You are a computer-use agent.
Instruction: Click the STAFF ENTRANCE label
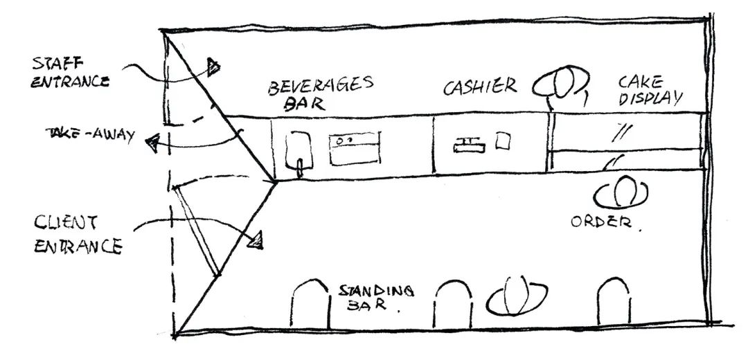[x=71, y=72]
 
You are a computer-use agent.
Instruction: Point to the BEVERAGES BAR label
[x=320, y=93]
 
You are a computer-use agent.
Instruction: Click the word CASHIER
[x=480, y=87]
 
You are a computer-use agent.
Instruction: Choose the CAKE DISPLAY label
[x=649, y=91]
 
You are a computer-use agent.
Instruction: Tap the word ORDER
[x=600, y=222]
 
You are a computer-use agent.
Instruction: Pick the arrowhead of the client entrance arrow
[x=257, y=240]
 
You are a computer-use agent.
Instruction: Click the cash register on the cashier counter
[x=470, y=145]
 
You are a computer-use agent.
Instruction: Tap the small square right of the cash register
[x=503, y=141]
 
